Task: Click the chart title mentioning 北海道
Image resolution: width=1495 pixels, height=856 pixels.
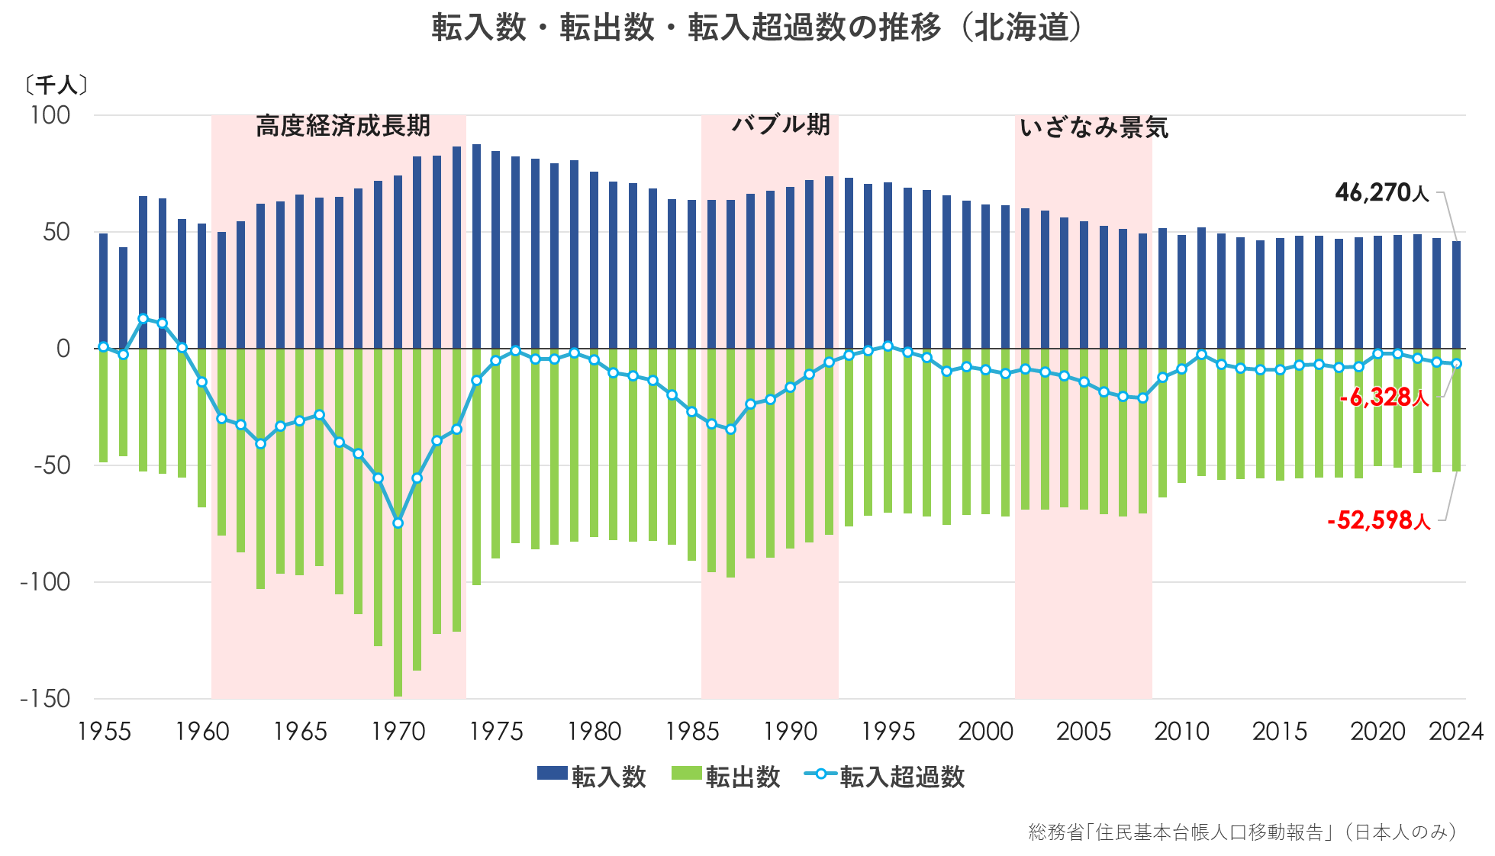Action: (756, 28)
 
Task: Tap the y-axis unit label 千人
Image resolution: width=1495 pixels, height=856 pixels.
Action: (56, 85)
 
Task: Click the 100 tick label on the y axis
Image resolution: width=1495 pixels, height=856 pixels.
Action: (50, 115)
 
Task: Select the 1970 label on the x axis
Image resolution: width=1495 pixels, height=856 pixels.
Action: (398, 732)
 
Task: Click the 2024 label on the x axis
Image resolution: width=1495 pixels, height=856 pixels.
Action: (1455, 732)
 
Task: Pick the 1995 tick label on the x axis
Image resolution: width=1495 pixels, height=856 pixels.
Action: (888, 732)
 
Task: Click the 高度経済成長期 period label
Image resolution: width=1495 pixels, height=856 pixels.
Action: (343, 126)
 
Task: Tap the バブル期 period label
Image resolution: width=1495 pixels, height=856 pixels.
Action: (780, 124)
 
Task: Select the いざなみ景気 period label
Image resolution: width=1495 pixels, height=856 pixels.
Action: (1093, 127)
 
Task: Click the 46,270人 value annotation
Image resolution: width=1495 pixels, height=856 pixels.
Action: (1381, 193)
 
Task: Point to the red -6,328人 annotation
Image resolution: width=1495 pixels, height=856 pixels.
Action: (1384, 397)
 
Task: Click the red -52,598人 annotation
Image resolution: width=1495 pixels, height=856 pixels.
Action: (1378, 520)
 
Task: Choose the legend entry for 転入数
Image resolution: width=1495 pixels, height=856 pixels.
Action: (591, 777)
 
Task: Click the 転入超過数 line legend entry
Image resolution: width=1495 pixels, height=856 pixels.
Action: (885, 777)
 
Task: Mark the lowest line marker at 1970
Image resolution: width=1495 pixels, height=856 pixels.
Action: (398, 523)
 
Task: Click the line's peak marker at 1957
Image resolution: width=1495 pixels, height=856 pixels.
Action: (143, 319)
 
